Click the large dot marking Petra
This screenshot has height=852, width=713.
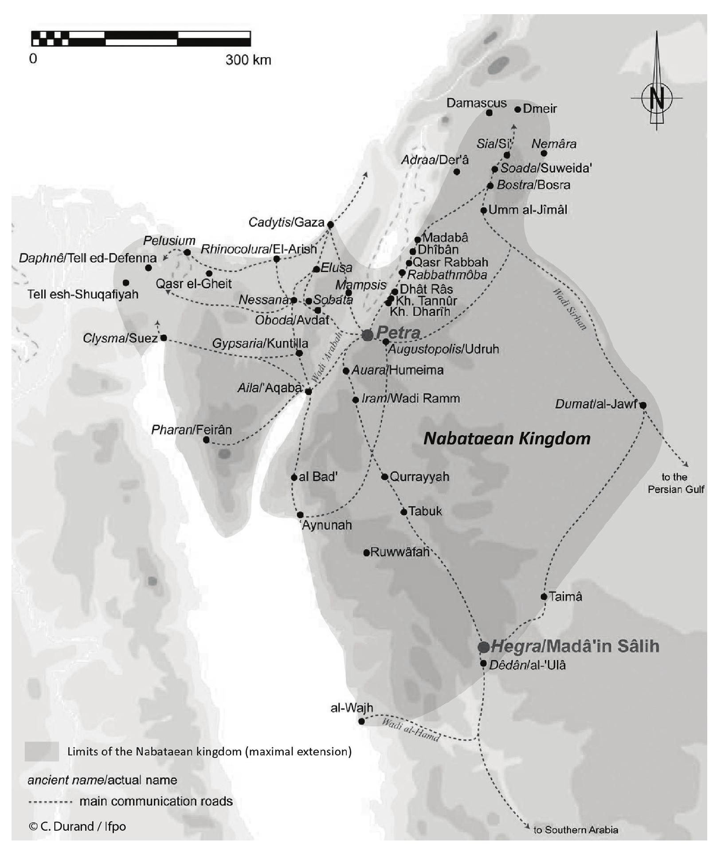[367, 335]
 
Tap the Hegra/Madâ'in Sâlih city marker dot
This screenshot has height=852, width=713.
[484, 647]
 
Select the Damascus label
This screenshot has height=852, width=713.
[476, 103]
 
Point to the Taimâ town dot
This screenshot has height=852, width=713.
[544, 597]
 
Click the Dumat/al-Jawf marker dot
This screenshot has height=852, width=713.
[643, 405]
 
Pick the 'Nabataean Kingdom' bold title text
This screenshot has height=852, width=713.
[507, 438]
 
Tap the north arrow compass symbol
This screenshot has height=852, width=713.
[657, 98]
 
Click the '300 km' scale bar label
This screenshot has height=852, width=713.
[248, 60]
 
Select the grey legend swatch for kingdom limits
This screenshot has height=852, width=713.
[42, 751]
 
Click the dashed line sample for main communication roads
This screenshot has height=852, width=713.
[50, 802]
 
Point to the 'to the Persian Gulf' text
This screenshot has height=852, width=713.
[675, 483]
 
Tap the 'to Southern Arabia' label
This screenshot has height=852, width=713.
[576, 830]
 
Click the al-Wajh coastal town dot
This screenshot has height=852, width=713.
[361, 721]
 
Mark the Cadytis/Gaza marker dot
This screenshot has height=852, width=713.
[330, 225]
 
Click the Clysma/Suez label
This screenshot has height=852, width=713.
[120, 339]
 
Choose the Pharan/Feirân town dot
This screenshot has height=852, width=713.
[206, 440]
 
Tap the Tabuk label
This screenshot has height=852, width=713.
[425, 511]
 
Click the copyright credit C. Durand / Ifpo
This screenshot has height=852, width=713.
[77, 826]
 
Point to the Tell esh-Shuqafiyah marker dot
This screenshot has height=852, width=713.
[126, 283]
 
